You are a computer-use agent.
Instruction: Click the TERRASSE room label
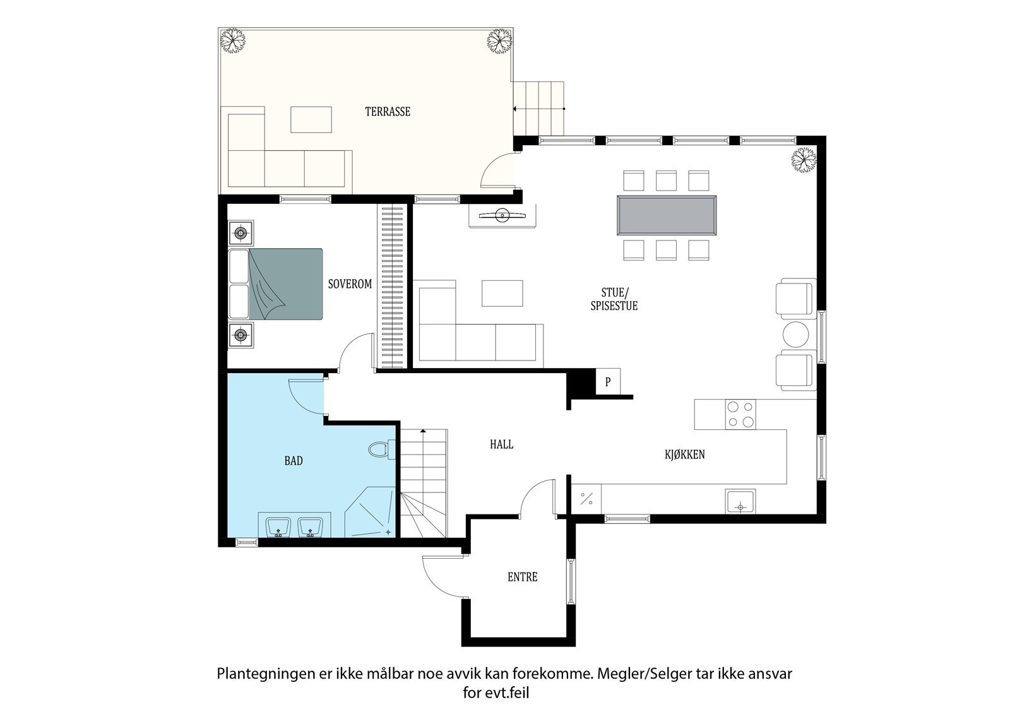[x=388, y=111]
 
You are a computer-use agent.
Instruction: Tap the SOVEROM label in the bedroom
[x=350, y=284]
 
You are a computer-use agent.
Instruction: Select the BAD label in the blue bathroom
[x=294, y=460]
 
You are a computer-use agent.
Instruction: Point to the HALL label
[x=501, y=444]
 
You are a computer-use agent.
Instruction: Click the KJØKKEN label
[x=684, y=454]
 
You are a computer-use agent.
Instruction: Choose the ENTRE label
[x=523, y=577]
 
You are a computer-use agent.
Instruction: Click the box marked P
[x=608, y=381]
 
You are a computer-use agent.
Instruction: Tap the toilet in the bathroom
[x=381, y=449]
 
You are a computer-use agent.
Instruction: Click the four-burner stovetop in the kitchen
[x=740, y=414]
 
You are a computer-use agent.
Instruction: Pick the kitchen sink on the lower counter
[x=740, y=501]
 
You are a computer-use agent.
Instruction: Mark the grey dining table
[x=667, y=215]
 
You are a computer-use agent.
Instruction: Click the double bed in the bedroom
[x=275, y=284]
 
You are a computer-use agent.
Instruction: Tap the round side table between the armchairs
[x=796, y=334]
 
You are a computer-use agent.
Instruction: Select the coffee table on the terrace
[x=311, y=119]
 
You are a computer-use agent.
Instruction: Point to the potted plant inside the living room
[x=804, y=160]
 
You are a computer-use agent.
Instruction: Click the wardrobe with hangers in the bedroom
[x=392, y=287]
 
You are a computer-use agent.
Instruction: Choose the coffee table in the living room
[x=502, y=293]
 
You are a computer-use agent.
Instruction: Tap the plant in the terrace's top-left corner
[x=233, y=41]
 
